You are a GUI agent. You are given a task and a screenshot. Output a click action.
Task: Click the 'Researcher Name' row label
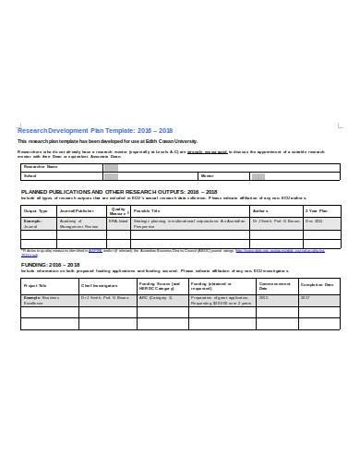click(42, 167)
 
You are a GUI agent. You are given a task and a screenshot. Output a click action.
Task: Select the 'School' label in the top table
click(30, 175)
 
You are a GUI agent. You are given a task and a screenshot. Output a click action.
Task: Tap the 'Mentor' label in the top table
click(207, 175)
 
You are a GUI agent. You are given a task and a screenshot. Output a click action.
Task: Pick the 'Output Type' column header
click(35, 210)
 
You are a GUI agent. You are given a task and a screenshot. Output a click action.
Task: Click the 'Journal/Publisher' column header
click(77, 210)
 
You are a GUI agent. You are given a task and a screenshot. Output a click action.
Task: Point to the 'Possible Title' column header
click(148, 210)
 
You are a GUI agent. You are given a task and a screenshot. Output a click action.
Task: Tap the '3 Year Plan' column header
click(315, 210)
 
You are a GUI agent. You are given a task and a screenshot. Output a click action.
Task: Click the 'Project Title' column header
click(35, 285)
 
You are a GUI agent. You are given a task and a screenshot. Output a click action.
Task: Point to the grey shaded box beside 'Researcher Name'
click(111, 167)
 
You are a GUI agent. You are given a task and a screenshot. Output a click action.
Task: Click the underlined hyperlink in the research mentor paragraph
click(208, 150)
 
